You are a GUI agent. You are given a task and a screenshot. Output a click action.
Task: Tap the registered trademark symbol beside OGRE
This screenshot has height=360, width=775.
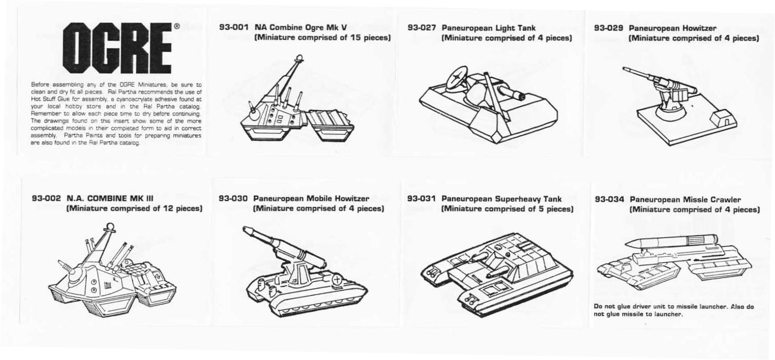click(x=176, y=26)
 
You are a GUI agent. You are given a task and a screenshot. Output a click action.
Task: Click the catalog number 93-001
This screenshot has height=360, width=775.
click(x=234, y=27)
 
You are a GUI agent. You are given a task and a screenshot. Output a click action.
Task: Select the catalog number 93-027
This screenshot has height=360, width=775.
click(x=422, y=28)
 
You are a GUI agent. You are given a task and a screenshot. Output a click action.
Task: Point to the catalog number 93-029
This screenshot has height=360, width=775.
click(x=609, y=28)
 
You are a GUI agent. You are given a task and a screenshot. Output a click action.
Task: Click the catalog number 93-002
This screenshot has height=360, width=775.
click(x=47, y=199)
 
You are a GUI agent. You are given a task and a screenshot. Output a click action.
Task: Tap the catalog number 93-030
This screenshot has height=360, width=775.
click(x=233, y=199)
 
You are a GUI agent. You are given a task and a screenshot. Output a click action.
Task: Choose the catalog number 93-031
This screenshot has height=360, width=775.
click(x=422, y=199)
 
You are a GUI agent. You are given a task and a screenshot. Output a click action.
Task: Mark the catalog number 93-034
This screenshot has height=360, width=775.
click(x=610, y=200)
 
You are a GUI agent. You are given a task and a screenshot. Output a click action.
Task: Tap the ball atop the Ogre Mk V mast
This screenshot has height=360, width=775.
click(x=300, y=57)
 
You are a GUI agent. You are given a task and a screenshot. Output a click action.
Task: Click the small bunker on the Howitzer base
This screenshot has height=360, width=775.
click(x=722, y=118)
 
